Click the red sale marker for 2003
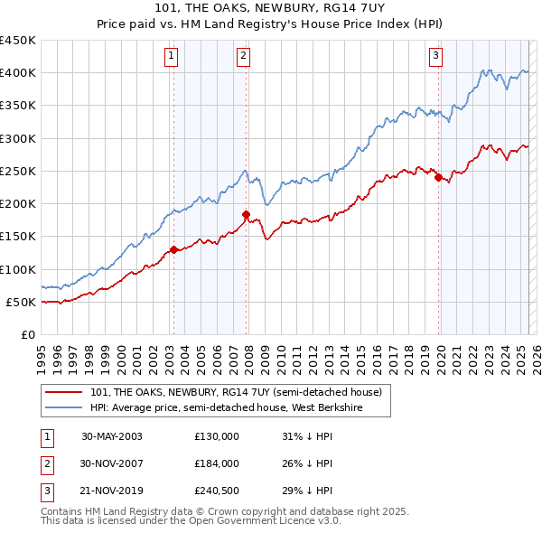173,249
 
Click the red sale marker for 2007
246,214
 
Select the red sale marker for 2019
438,178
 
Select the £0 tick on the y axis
28,334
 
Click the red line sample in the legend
65,392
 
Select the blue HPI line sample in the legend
65,407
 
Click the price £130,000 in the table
217,436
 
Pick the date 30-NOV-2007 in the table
112,463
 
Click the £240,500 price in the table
217,491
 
